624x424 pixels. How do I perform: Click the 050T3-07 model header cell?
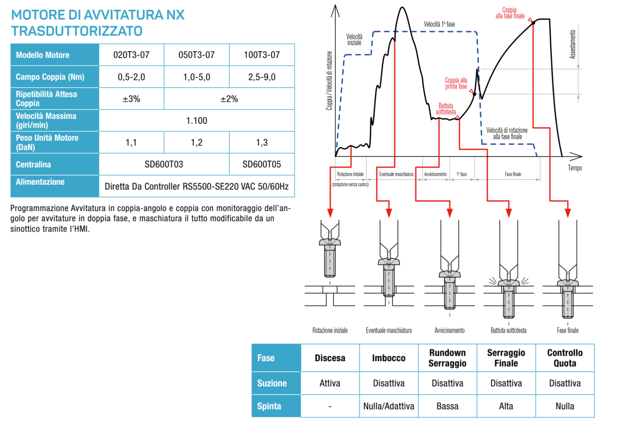pos(196,55)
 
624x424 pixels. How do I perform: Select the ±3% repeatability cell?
pos(131,98)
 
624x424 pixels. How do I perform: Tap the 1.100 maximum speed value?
pos(196,120)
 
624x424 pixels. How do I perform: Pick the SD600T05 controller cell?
pos(262,164)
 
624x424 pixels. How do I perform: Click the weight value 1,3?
pos(262,142)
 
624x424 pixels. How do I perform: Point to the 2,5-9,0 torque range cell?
pos(262,77)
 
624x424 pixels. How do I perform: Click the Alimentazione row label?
pos(40,182)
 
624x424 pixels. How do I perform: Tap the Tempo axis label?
pos(575,168)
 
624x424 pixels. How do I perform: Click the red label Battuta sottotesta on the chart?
pos(447,108)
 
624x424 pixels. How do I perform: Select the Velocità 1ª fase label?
pos(439,24)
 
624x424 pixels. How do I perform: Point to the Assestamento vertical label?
pos(573,44)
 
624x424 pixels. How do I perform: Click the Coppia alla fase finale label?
pos(510,13)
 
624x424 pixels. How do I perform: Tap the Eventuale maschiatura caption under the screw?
pos(389,330)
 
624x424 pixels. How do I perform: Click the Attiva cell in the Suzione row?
pos(330,383)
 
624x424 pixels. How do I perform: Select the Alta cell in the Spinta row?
pos(506,406)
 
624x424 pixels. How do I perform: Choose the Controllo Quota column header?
pos(565,358)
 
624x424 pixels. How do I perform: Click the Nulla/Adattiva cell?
pos(389,406)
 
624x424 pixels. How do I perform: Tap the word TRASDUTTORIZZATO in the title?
pos(77,31)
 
